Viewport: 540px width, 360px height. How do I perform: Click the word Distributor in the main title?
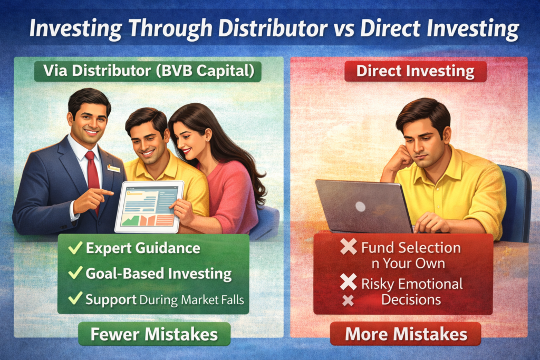click(273, 28)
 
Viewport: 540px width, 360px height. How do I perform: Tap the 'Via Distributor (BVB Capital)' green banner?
click(148, 71)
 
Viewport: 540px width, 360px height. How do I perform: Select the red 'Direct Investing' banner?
click(416, 71)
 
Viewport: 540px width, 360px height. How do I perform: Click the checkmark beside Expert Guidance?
click(75, 247)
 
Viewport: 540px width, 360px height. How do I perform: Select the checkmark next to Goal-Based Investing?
click(75, 273)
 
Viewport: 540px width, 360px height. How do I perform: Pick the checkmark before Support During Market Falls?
click(75, 298)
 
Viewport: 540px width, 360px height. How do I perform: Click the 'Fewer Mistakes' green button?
click(155, 334)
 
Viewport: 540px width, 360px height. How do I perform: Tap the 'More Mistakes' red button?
click(406, 334)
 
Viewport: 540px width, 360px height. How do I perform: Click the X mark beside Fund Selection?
click(348, 247)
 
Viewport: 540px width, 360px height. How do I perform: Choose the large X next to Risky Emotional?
click(348, 282)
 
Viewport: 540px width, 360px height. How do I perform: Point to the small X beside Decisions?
click(348, 301)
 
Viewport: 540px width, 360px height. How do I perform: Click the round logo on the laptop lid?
click(360, 207)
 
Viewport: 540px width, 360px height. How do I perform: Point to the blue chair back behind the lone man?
click(515, 203)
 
